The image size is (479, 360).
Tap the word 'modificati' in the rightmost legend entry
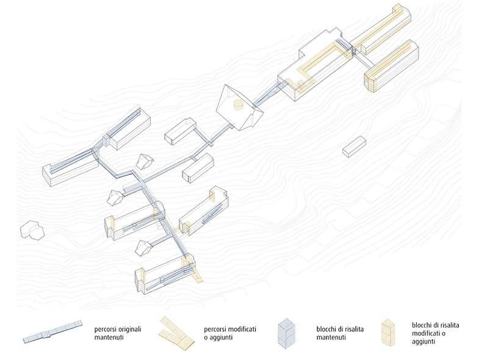click(429, 334)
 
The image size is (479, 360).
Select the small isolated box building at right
click(354, 147)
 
